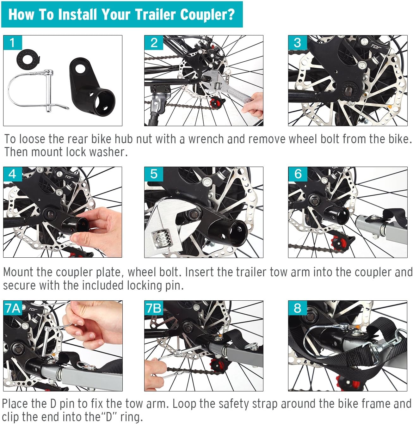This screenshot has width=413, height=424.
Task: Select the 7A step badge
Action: point(13,308)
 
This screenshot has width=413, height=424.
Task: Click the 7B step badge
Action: point(154,308)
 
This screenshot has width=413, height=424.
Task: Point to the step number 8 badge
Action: point(297,308)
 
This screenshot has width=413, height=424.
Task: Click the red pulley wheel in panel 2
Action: point(216,103)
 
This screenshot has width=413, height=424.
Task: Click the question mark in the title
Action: point(231,15)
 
